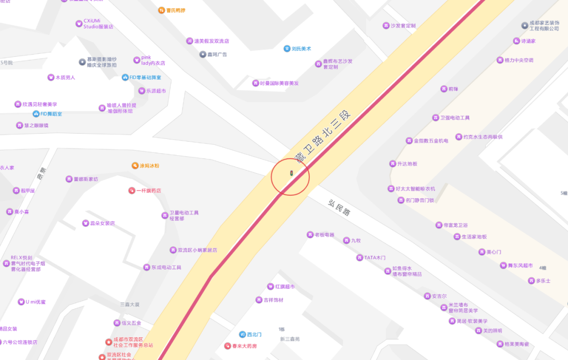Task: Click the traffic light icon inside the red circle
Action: click(x=291, y=173)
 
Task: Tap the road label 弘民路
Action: click(x=339, y=207)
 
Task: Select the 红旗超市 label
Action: click(x=285, y=287)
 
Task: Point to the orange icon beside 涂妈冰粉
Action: click(x=135, y=166)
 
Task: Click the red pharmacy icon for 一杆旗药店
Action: click(x=131, y=191)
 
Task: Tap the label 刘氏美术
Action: click(x=301, y=48)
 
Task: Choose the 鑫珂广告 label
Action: click(x=217, y=54)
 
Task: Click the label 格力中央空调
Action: click(x=519, y=60)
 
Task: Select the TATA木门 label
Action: click(x=375, y=257)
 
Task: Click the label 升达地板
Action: click(x=407, y=164)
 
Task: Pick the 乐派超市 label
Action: click(x=155, y=91)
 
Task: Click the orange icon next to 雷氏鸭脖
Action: click(x=161, y=11)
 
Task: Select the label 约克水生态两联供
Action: click(x=483, y=137)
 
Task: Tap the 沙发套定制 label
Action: click(x=403, y=25)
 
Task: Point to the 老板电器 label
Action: click(x=324, y=235)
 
